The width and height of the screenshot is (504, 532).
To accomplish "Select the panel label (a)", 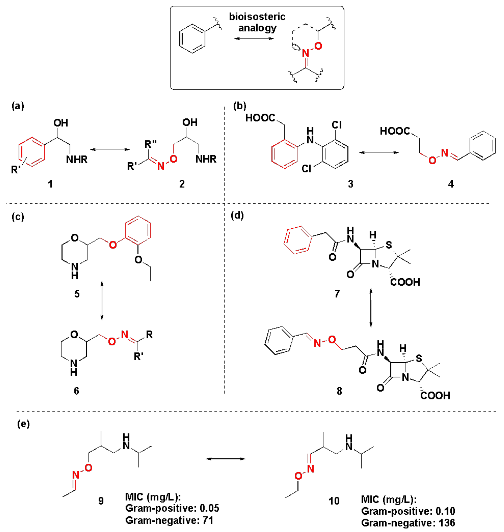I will click(18, 106).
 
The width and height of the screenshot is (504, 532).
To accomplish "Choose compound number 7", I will click(337, 293).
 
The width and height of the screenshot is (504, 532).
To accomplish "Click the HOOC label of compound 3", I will click(260, 118).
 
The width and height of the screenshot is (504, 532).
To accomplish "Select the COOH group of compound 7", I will click(405, 282).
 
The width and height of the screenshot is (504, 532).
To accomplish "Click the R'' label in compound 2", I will click(150, 144).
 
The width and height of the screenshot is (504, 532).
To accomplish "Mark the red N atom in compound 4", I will click(445, 153).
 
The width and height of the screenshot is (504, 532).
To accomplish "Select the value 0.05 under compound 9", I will click(209, 508).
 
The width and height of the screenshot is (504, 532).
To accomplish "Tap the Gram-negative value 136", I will click(447, 523).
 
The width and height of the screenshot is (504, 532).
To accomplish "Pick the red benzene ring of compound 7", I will click(298, 240).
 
